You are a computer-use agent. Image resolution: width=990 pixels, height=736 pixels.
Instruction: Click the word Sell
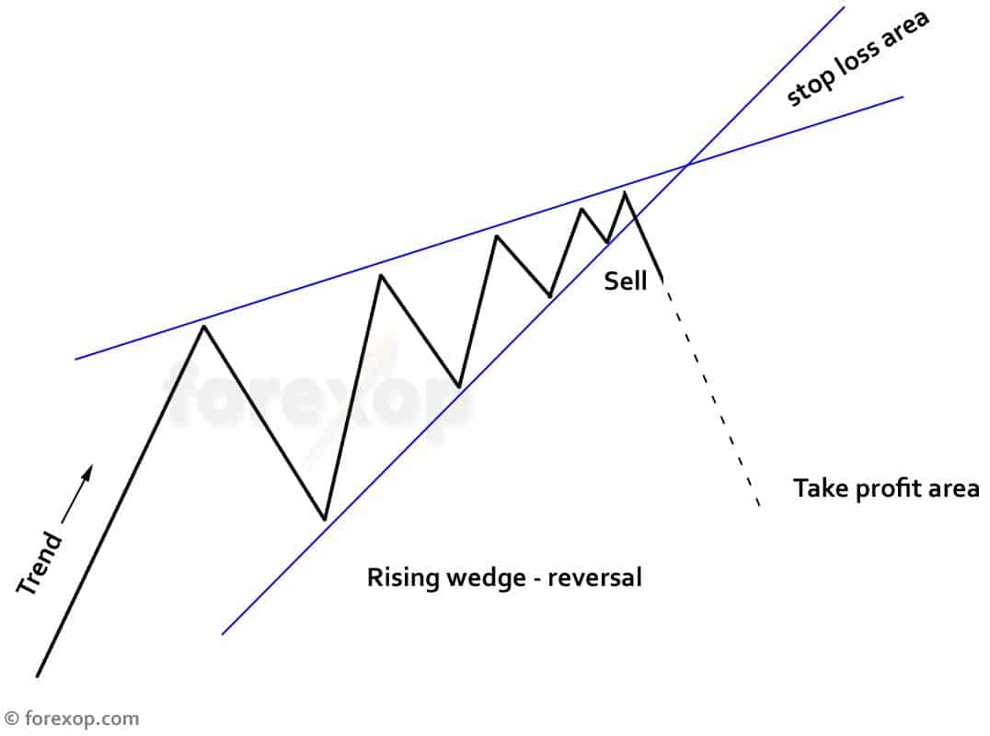pyautogui.click(x=626, y=282)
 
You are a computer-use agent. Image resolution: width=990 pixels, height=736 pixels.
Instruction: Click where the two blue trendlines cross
pyautogui.click(x=686, y=167)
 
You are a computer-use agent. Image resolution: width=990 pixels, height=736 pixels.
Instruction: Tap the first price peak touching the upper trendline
pyautogui.click(x=203, y=325)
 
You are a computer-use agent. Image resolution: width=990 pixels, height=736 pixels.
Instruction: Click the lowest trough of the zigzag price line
pyautogui.click(x=324, y=520)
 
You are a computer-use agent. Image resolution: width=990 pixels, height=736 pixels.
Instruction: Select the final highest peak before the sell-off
pyautogui.click(x=626, y=191)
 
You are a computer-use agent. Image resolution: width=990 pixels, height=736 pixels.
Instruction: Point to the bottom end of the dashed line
pyautogui.click(x=759, y=505)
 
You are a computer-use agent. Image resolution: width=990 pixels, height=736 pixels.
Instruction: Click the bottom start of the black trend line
pyautogui.click(x=37, y=676)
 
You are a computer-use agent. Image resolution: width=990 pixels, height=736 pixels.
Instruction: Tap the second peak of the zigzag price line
pyautogui.click(x=379, y=274)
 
